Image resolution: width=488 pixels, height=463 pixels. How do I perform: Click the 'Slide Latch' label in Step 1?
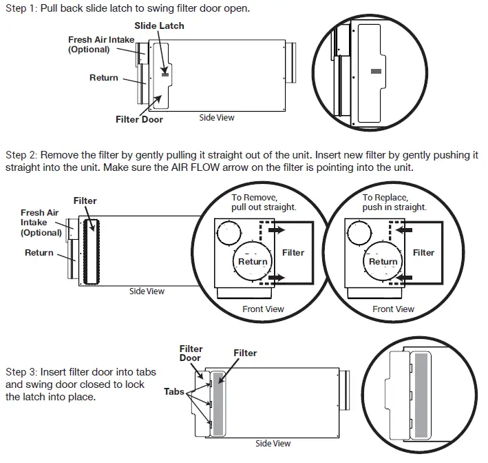click(x=159, y=26)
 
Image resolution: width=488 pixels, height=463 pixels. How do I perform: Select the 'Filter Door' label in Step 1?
click(x=139, y=119)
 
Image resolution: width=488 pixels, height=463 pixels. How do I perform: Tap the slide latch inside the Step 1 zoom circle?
click(x=375, y=70)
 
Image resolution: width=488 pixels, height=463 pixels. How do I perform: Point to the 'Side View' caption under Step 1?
click(x=217, y=118)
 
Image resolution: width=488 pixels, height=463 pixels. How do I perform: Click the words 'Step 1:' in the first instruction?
click(x=21, y=8)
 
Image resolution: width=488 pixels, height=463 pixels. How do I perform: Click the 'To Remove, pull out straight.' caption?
click(x=264, y=202)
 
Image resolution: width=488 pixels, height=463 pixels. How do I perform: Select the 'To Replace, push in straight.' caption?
click(x=394, y=202)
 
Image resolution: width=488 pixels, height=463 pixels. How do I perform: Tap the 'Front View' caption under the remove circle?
click(x=263, y=309)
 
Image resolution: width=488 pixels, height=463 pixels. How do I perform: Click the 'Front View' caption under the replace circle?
click(x=393, y=309)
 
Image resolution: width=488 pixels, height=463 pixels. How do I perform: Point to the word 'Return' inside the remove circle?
click(x=253, y=262)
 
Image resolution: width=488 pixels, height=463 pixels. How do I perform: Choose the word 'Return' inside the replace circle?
click(x=383, y=262)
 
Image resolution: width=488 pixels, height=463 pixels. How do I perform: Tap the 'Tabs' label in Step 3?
click(x=174, y=391)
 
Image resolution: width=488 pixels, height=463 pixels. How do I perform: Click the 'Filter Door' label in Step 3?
click(x=190, y=353)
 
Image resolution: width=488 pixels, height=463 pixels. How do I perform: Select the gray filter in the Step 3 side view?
click(x=218, y=403)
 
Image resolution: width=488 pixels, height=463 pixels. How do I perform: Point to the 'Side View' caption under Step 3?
click(x=273, y=444)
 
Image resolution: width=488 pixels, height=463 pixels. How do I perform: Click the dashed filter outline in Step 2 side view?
click(x=90, y=251)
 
